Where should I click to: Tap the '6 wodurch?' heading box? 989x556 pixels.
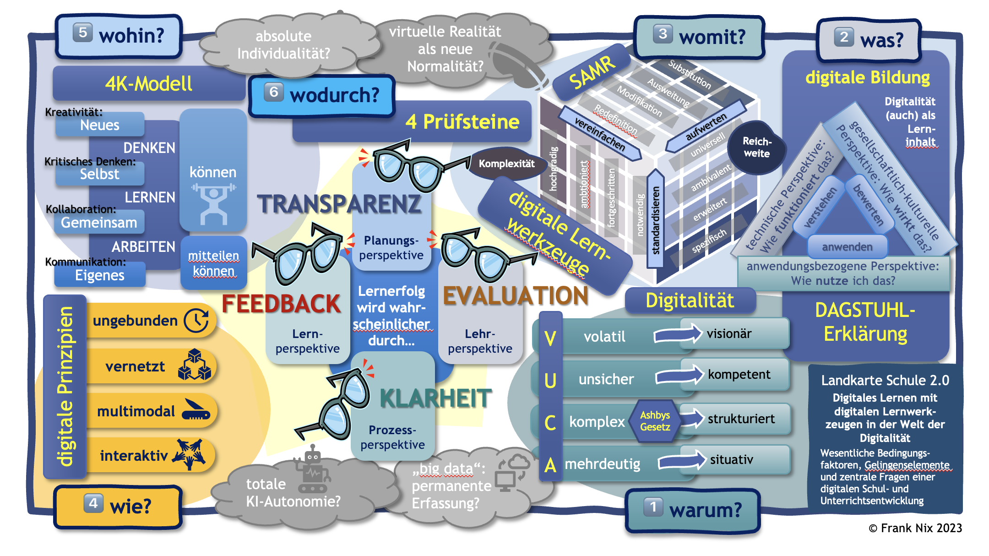coord(322,95)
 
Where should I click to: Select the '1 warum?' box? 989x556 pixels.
coord(692,510)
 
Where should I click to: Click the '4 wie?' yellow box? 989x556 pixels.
coord(118,506)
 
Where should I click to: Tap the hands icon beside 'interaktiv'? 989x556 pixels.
coord(189,454)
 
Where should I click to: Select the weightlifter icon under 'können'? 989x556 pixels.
coord(213,204)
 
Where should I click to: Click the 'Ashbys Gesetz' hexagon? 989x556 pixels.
coord(655,421)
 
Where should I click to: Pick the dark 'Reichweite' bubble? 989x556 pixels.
coord(757,147)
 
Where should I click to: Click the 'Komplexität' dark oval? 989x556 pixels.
coord(506,164)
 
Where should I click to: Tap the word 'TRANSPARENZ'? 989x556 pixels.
coord(339,204)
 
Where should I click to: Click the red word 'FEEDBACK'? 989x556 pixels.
coord(281,304)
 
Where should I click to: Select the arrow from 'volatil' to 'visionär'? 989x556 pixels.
coord(678,334)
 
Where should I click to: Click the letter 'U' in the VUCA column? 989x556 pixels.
coord(550,380)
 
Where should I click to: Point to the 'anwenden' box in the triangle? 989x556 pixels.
coord(847,247)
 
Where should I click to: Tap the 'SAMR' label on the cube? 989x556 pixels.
coord(592,73)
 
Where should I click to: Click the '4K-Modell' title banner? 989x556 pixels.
coord(149,84)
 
